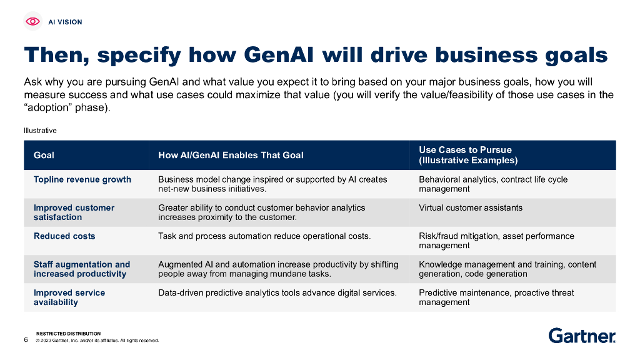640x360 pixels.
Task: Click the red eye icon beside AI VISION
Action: point(33,22)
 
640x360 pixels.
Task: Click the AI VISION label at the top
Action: point(65,22)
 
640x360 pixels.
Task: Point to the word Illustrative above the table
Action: point(40,131)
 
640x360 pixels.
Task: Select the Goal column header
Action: point(44,155)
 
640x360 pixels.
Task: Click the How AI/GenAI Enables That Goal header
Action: point(231,155)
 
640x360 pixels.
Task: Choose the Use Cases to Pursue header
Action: point(468,155)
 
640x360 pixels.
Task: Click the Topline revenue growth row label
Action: point(82,179)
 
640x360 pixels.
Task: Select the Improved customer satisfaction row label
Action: point(74,212)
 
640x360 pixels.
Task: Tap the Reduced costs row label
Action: point(64,236)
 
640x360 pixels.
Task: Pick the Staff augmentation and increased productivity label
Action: point(82,269)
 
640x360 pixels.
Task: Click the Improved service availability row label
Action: point(69,297)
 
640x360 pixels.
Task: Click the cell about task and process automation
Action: point(264,236)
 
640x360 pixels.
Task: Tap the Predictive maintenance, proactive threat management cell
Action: point(496,297)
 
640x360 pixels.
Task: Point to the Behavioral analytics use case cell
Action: point(493,184)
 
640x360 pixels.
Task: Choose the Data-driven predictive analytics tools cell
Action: point(277,292)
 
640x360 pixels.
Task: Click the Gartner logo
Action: point(582,336)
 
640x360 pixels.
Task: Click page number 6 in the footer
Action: point(26,340)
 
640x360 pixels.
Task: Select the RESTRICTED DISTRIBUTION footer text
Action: point(68,334)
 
